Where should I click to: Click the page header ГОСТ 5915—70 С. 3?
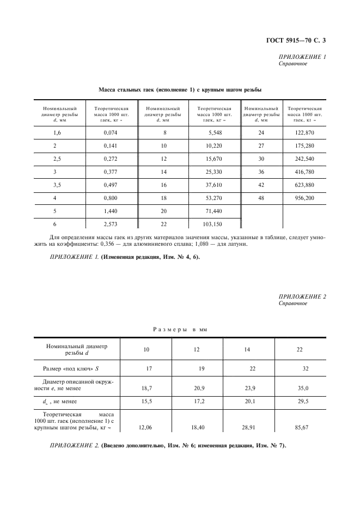point(298,39)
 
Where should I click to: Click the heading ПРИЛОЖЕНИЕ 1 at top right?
point(302,57)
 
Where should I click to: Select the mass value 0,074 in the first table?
point(111,133)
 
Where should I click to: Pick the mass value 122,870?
point(304,133)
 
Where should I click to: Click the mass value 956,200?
point(304,199)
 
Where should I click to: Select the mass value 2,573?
point(111,224)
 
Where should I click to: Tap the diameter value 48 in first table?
point(261,199)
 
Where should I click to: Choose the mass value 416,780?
point(304,172)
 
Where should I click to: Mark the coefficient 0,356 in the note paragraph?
point(126,244)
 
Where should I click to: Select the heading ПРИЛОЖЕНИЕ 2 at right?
point(302,296)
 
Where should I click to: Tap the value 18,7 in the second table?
point(147,388)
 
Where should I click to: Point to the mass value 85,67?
point(302,428)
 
